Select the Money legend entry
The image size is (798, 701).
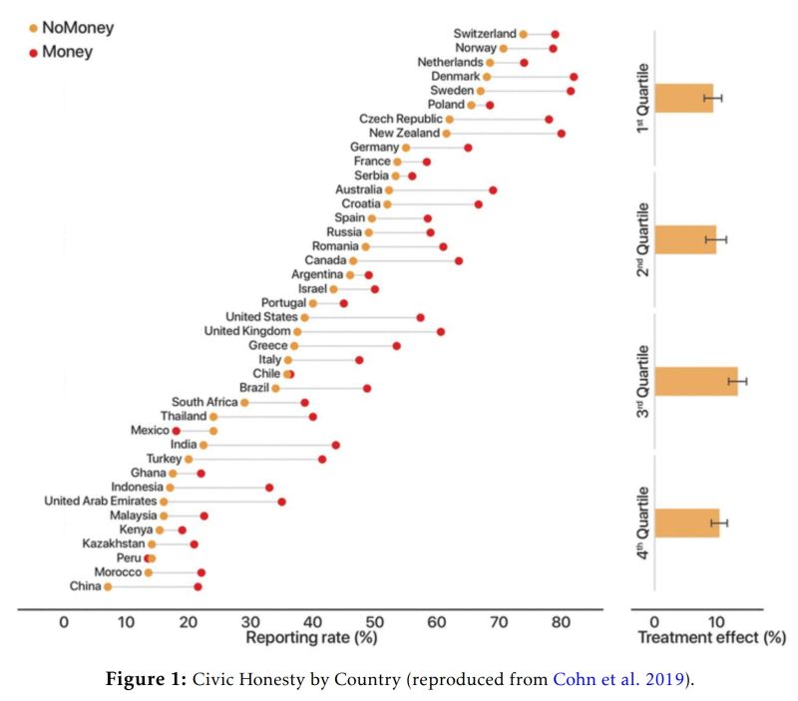[65, 51]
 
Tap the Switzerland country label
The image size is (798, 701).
[485, 34]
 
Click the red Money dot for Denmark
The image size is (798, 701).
[574, 77]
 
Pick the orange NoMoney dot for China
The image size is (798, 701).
[108, 586]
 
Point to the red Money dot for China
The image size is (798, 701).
[198, 586]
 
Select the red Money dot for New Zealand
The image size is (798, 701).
[562, 133]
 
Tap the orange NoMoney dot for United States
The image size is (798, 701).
[305, 317]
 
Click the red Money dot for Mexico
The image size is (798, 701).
[177, 431]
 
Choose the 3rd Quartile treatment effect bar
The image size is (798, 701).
[696, 382]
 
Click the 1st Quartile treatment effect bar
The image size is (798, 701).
[684, 98]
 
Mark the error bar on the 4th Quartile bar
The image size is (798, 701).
[719, 523]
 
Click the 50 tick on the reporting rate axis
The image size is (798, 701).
[373, 623]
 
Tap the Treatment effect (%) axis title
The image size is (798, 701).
[711, 638]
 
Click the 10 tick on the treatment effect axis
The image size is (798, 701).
[715, 623]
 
